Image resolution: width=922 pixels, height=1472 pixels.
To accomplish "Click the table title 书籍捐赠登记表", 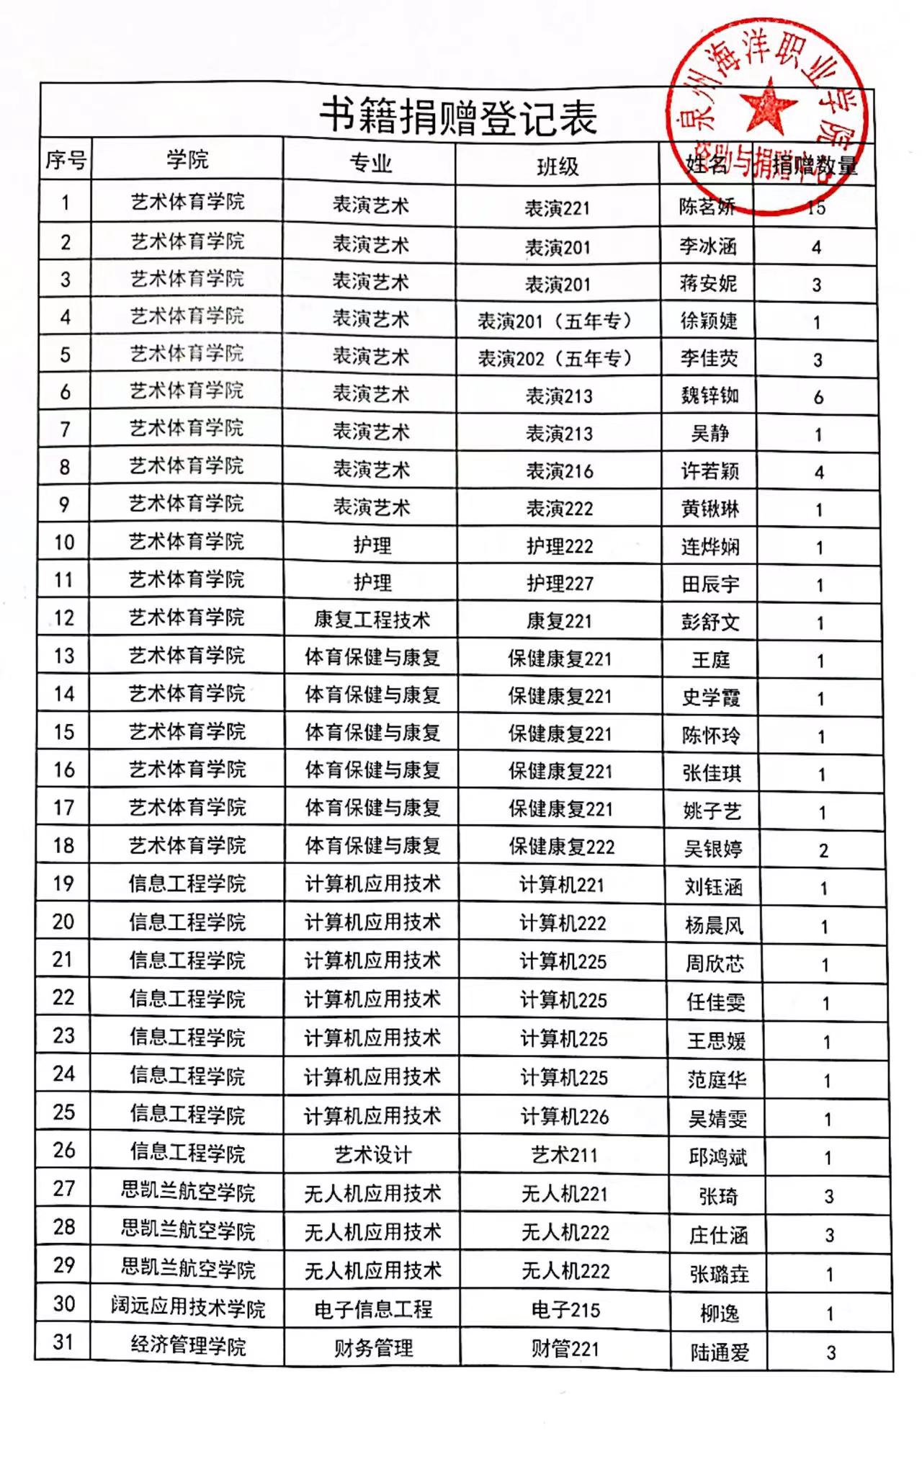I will pyautogui.click(x=458, y=117).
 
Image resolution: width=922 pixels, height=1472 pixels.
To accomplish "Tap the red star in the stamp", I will pyautogui.click(x=769, y=106).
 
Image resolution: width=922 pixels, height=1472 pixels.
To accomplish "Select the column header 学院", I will pyautogui.click(x=187, y=159).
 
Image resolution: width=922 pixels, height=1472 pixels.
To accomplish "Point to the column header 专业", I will pyautogui.click(x=370, y=164).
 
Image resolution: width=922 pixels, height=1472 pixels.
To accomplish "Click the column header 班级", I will pyautogui.click(x=558, y=167).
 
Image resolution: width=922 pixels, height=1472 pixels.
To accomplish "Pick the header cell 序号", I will pyautogui.click(x=66, y=159).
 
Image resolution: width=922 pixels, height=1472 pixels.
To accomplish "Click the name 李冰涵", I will pyautogui.click(x=708, y=246).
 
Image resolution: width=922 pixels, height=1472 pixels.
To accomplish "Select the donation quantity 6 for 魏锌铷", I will pyautogui.click(x=818, y=397).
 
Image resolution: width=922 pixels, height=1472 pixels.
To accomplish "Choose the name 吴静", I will pyautogui.click(x=710, y=433).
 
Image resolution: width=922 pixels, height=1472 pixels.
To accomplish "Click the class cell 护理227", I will pyautogui.click(x=560, y=584).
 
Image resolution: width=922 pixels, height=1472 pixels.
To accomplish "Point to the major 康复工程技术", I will pyautogui.click(x=372, y=620).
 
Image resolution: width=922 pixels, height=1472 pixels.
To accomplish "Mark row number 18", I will pyautogui.click(x=64, y=845).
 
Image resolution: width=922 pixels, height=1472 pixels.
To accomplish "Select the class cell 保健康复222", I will pyautogui.click(x=562, y=847).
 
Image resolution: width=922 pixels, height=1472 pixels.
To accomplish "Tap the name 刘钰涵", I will pyautogui.click(x=713, y=887).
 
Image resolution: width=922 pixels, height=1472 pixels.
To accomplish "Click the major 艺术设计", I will pyautogui.click(x=372, y=1155).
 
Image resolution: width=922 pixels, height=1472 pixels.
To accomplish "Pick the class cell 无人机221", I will pyautogui.click(x=565, y=1194).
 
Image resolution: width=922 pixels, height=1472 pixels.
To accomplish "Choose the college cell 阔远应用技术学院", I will pyautogui.click(x=188, y=1307).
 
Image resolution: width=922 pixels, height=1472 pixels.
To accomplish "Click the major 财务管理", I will pyautogui.click(x=373, y=1347).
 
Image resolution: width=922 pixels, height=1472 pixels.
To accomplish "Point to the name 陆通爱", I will pyautogui.click(x=720, y=1352).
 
